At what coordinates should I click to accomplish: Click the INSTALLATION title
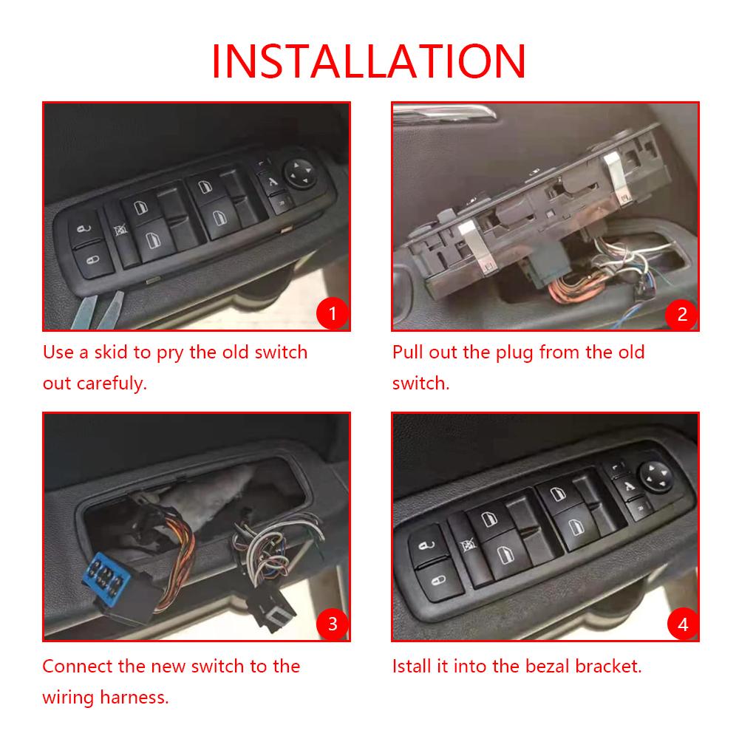point(369,61)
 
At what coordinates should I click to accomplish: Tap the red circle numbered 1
point(332,314)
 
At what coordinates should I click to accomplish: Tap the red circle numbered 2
point(681,314)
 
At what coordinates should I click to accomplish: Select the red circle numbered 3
point(332,624)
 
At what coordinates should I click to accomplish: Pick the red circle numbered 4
point(681,624)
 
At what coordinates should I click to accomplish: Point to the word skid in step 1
point(112,352)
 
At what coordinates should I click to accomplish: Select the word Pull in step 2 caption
point(406,352)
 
